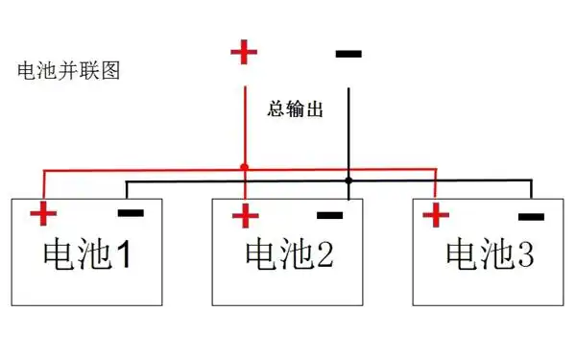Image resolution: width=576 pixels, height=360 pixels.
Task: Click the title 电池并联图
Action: pos(68,70)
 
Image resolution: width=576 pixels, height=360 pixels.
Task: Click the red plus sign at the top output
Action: pos(244,52)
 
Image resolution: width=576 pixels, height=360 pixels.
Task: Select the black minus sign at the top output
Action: pos(348,53)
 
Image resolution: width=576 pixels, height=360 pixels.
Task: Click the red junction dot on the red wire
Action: pos(244,167)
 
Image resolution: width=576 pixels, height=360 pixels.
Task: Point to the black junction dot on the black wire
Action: pos(348,180)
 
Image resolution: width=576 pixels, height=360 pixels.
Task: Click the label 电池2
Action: pos(289,254)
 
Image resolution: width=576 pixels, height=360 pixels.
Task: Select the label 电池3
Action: pos(490,254)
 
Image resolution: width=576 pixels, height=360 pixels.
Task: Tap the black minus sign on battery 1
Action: pos(131,212)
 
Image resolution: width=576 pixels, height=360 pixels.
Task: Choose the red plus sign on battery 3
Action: pos(437,214)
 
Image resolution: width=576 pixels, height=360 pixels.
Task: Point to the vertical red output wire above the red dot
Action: pos(244,115)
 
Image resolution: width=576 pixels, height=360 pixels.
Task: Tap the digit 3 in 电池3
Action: pos(524,254)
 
